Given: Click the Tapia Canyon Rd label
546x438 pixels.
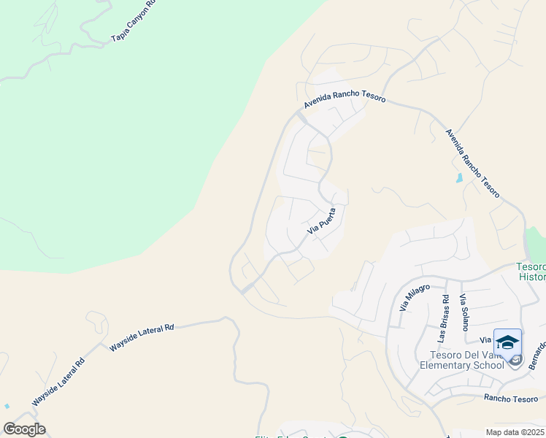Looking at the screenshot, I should pyautogui.click(x=133, y=23).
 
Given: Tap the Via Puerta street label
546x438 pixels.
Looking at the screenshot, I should pyautogui.click(x=321, y=220).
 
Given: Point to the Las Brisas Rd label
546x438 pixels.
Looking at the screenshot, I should pyautogui.click(x=443, y=318).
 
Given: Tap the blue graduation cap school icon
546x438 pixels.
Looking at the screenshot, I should pyautogui.click(x=507, y=342).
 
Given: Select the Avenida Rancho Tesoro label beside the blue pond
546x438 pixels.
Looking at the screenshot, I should pyautogui.click(x=473, y=163).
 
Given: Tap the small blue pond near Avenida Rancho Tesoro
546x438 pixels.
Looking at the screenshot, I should pyautogui.click(x=458, y=178).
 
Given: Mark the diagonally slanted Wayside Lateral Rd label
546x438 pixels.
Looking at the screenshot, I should pyautogui.click(x=58, y=382).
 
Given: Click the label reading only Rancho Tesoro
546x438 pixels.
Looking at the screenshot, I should pyautogui.click(x=511, y=398).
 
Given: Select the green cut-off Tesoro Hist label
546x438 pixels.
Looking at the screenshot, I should pyautogui.click(x=531, y=272).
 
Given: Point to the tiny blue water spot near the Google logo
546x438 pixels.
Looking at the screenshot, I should pyautogui.click(x=7, y=406).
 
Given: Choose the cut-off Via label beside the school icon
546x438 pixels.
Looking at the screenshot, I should pyautogui.click(x=485, y=339).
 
